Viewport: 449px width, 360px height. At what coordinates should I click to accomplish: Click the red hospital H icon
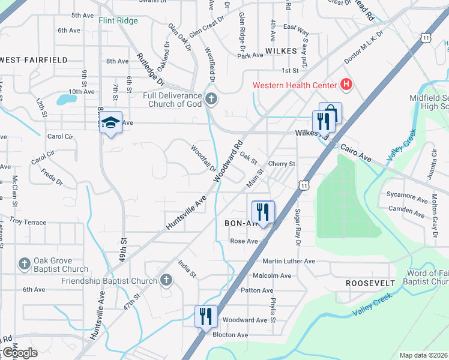point(346,85)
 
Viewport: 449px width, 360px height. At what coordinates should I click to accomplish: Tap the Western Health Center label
point(294,85)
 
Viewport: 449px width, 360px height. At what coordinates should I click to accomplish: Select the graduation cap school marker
point(110,122)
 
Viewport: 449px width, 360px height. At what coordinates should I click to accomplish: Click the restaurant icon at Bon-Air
point(263,211)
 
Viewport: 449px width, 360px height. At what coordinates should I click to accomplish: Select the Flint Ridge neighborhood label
point(118,21)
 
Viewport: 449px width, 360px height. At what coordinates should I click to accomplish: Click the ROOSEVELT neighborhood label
point(370,283)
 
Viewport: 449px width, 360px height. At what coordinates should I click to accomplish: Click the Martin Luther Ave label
point(289,261)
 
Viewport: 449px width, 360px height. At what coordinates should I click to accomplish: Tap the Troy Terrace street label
point(28,222)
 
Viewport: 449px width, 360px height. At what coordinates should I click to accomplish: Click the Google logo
point(20,353)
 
